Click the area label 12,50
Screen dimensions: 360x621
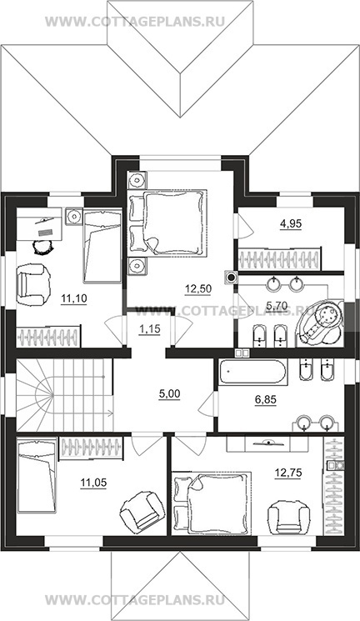(x=198, y=288)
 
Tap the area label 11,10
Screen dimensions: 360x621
(x=74, y=298)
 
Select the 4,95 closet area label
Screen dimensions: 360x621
(x=291, y=223)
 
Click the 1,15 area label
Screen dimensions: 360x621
(x=150, y=329)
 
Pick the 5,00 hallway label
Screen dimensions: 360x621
(x=169, y=394)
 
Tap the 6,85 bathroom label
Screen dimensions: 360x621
(x=265, y=400)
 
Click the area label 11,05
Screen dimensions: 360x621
(x=93, y=483)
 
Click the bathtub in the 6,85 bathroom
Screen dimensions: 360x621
(x=252, y=373)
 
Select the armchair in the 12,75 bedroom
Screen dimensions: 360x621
(x=288, y=517)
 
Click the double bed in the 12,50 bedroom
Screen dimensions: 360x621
(x=167, y=222)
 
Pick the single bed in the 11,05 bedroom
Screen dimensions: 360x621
(x=37, y=475)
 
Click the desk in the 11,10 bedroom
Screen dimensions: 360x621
(x=39, y=224)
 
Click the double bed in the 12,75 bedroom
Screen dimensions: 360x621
(x=212, y=502)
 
